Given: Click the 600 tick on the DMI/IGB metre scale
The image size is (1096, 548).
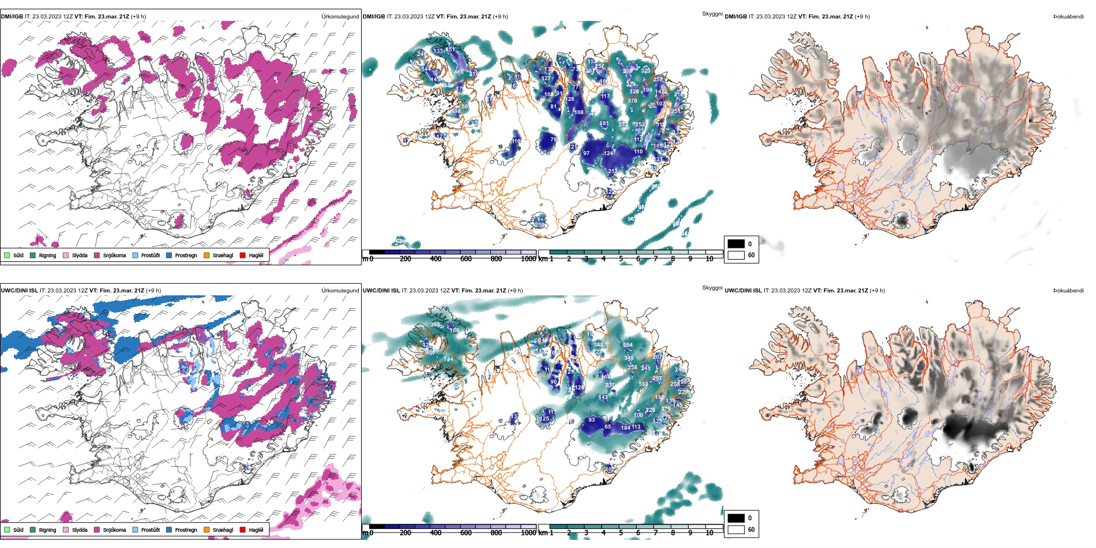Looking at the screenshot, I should pyautogui.click(x=466, y=258).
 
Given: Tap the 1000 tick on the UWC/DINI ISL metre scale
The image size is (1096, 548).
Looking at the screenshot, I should pyautogui.click(x=528, y=532).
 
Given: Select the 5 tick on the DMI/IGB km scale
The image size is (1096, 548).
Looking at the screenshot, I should pyautogui.click(x=621, y=258).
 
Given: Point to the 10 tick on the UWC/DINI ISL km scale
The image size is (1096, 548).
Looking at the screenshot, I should pyautogui.click(x=710, y=532).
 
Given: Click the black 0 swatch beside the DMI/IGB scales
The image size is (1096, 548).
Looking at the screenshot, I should pyautogui.click(x=736, y=244).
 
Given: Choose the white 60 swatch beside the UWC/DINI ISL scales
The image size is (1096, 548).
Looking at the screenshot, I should pyautogui.click(x=736, y=530).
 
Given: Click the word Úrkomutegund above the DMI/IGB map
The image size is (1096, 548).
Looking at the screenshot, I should pyautogui.click(x=340, y=17).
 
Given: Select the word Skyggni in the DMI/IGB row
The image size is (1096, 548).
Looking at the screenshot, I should pyautogui.click(x=712, y=14).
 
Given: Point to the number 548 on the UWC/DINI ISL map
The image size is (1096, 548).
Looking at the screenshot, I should pyautogui.click(x=598, y=345).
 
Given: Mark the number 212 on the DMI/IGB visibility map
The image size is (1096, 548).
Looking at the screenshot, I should pyautogui.click(x=612, y=171).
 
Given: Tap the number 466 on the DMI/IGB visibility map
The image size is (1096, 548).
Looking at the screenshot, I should pyautogui.click(x=459, y=72).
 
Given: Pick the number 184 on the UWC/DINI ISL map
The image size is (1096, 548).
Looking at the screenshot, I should pyautogui.click(x=625, y=427).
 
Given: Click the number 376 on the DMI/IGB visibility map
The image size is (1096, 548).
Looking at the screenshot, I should pyautogui.click(x=632, y=100).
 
